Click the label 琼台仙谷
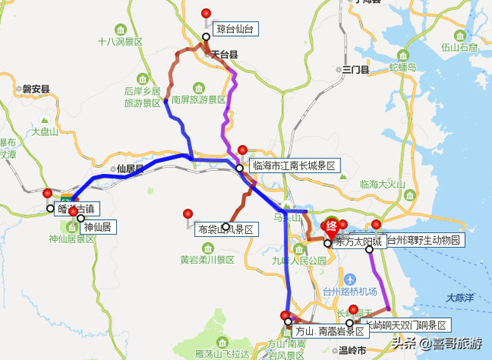click(x=234, y=29)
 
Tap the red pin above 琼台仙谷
click(x=205, y=13)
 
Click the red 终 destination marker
click(x=332, y=226)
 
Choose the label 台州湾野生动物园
click(x=424, y=241)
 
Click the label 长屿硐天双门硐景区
click(x=405, y=325)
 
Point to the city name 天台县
click(x=225, y=55)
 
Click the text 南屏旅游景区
click(x=199, y=100)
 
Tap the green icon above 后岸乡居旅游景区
click(x=144, y=78)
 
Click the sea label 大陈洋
click(x=460, y=297)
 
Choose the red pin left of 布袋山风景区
click(x=188, y=215)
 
